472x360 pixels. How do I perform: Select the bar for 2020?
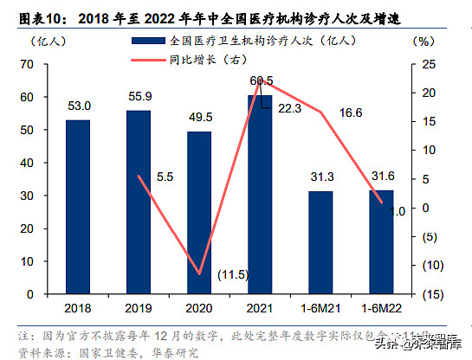(200, 212)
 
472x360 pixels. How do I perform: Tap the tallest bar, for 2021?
(260, 194)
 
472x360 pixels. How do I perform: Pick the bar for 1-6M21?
(321, 242)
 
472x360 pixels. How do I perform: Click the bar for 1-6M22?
(381, 241)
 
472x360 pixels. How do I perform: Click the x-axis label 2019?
(139, 307)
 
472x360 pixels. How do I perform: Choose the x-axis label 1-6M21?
(321, 307)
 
